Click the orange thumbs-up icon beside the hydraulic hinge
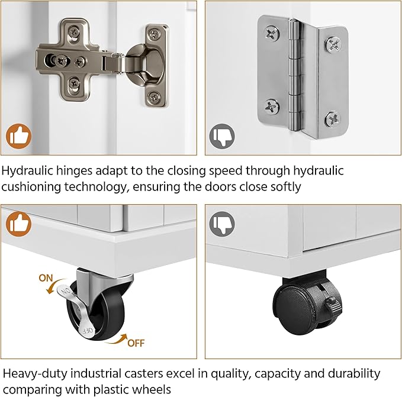click(18, 136)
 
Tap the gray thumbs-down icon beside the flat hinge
click(222, 136)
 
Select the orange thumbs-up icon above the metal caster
click(18, 224)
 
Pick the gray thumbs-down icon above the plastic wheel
click(222, 224)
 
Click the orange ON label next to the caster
click(46, 278)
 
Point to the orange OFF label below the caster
click(136, 343)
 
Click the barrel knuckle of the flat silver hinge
click(296, 75)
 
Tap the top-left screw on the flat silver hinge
click(272, 33)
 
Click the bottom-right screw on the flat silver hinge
click(333, 120)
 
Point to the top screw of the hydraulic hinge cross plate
click(74, 33)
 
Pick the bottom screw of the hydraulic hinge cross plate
click(74, 83)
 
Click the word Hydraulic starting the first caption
click(27, 170)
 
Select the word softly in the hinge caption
click(286, 187)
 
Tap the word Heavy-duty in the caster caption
click(34, 374)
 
